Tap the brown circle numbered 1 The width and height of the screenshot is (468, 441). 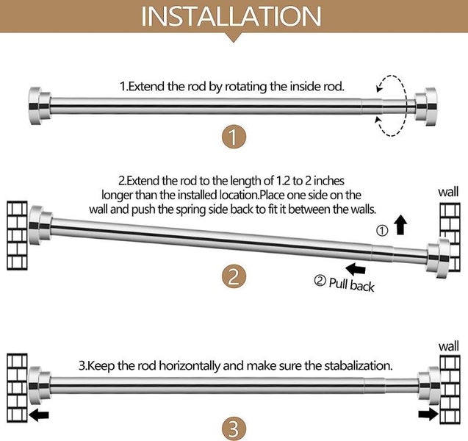pos(233,137)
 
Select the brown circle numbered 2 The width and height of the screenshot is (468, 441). pos(233,277)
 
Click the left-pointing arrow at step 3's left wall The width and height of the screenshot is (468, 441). pos(40,416)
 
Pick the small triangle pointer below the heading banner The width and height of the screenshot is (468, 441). pos(233,37)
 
